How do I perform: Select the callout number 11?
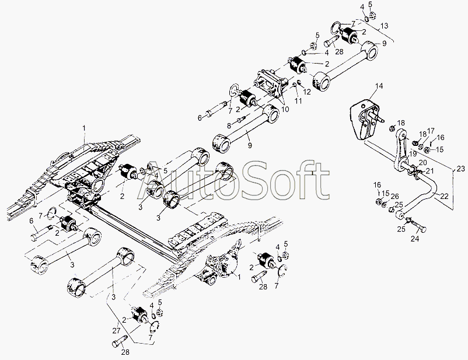click(x=298, y=101)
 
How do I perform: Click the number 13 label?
click(x=383, y=26)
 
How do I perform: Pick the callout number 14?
click(x=379, y=86)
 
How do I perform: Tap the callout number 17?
click(x=431, y=131)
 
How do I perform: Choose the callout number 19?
click(x=413, y=153)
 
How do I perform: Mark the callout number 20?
click(x=422, y=162)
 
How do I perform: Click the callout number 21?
click(x=430, y=170)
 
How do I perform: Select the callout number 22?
click(x=445, y=197)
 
